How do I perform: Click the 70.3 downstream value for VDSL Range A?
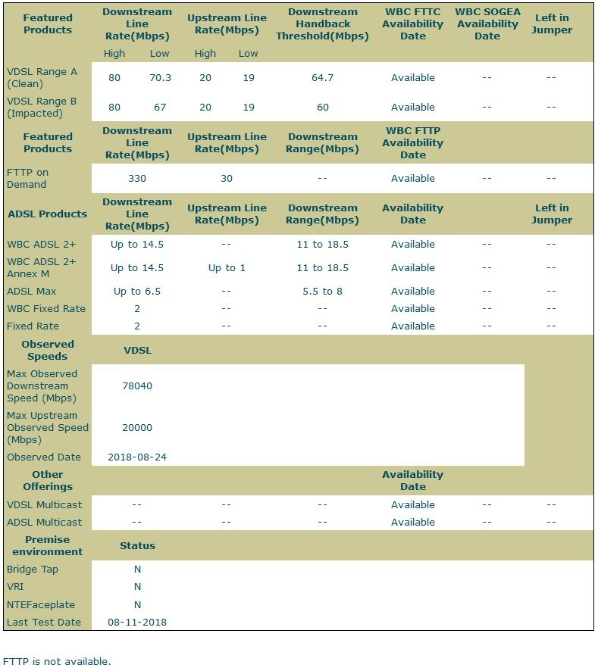[160, 77]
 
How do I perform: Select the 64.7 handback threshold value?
[322, 77]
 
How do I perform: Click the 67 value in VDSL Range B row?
[160, 107]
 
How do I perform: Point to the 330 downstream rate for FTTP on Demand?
[137, 178]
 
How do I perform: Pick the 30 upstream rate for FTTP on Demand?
[227, 178]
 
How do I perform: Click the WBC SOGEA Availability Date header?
[487, 23]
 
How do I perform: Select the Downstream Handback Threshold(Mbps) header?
[322, 23]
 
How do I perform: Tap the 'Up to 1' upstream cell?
[227, 267]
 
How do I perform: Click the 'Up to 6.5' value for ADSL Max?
[137, 291]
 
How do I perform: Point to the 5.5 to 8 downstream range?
[322, 291]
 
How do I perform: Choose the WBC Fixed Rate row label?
[46, 308]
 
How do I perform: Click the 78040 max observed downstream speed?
[137, 386]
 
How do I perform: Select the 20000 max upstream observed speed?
[137, 427]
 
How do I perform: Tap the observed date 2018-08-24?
[137, 457]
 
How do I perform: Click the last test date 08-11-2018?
[137, 622]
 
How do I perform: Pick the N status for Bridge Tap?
[137, 569]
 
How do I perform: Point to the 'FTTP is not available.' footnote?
[57, 661]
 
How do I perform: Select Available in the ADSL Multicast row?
[413, 522]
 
